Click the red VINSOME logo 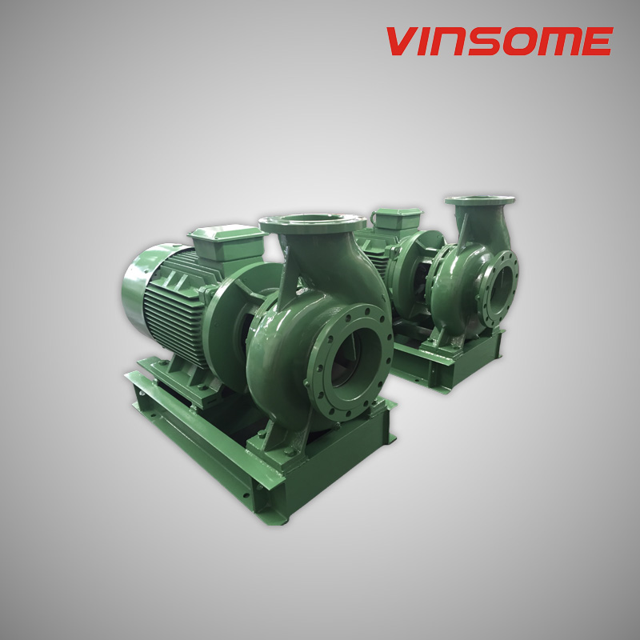click(x=499, y=42)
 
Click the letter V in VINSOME click(x=402, y=42)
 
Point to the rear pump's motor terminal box click(x=397, y=218)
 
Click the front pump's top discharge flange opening click(x=313, y=221)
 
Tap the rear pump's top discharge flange click(x=479, y=201)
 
